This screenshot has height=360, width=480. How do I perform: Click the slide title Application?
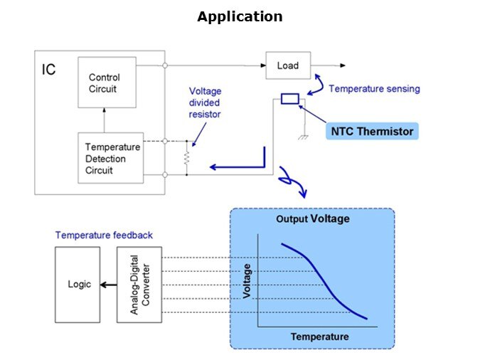(240, 16)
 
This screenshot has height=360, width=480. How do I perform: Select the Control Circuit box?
(104, 83)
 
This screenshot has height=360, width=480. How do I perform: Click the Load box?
(288, 65)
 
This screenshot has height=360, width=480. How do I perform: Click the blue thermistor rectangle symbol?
(290, 99)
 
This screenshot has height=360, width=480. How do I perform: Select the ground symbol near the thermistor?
(303, 137)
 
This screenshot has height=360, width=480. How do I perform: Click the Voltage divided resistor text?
(204, 102)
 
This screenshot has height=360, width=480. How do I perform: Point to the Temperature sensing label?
(374, 89)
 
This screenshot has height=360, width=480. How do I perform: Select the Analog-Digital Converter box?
(139, 284)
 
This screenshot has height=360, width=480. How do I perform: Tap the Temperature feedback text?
(104, 235)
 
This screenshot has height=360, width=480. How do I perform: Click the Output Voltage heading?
(312, 219)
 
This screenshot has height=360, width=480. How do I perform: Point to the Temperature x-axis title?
(319, 337)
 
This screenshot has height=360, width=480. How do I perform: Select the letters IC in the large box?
(48, 70)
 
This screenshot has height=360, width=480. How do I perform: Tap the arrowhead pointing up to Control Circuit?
(104, 111)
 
